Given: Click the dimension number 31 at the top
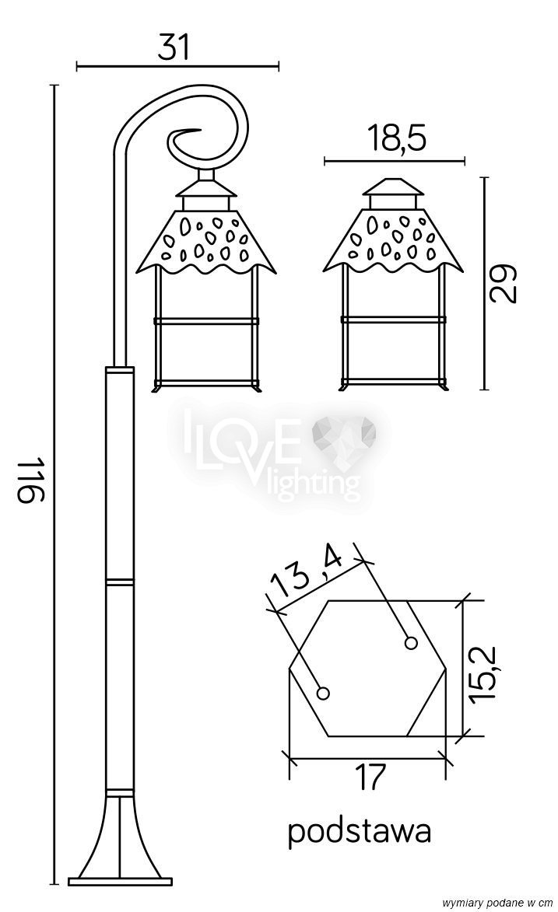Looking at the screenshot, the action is pos(174,47).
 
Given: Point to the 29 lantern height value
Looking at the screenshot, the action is pos(503,283).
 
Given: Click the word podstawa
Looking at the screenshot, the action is pos(360,832).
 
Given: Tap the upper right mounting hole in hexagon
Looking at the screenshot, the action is pos(411,643).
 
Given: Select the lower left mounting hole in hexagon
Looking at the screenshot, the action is pos(323,693).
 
